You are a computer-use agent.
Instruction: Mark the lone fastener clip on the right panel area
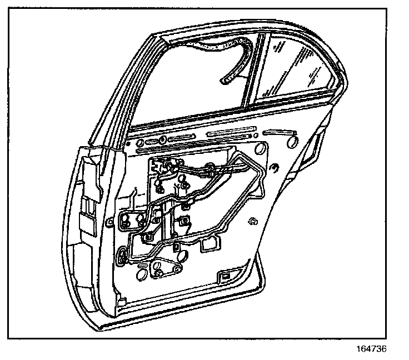point(253,221)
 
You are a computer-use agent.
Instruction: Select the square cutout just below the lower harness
point(210,244)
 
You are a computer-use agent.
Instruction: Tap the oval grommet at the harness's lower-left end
point(123,256)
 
